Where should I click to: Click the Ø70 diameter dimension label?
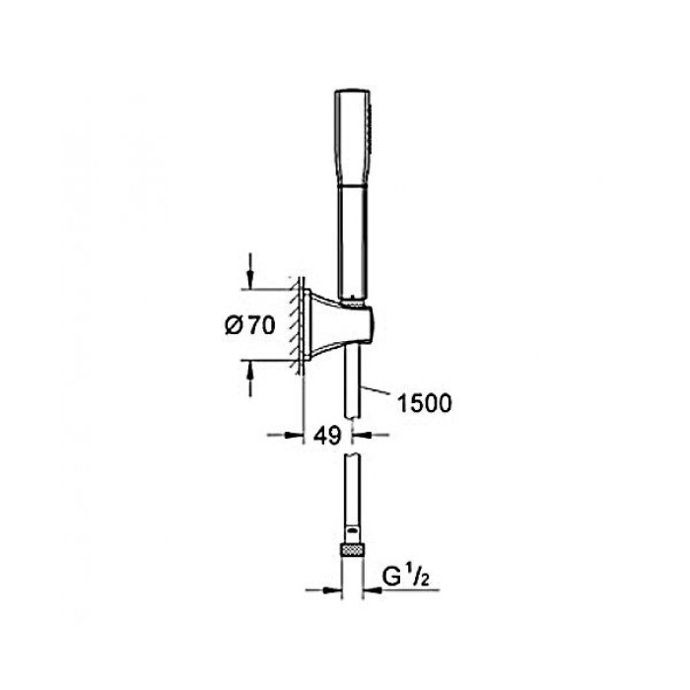(x=250, y=325)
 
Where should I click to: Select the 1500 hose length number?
(x=424, y=403)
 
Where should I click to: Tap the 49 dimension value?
(x=327, y=436)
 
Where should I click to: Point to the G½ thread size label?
(x=405, y=577)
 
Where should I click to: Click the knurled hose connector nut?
(x=353, y=550)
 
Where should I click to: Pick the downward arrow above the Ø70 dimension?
(x=250, y=271)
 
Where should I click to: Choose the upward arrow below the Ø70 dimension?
(x=250, y=378)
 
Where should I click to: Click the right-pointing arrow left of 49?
(x=286, y=436)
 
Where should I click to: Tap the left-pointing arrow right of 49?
(x=372, y=436)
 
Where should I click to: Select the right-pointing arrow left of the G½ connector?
(x=323, y=590)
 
